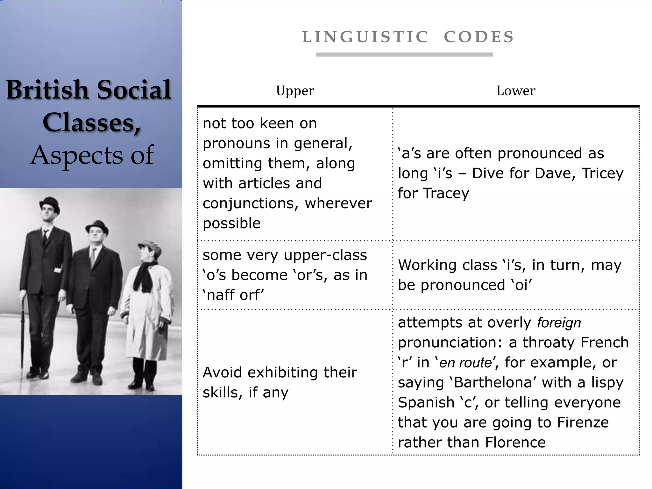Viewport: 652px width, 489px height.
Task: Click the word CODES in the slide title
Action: tap(479, 37)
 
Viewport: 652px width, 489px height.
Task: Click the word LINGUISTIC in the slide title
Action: tap(365, 37)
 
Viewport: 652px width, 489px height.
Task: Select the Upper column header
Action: tap(295, 91)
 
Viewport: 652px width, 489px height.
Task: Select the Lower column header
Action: tap(516, 91)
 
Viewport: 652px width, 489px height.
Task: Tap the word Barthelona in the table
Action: tap(493, 382)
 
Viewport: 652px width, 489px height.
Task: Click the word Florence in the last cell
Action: tap(515, 443)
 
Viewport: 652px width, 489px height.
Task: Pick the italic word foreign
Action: tap(559, 323)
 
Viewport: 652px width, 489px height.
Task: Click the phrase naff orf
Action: tap(233, 295)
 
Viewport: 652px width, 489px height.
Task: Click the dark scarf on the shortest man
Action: tap(144, 275)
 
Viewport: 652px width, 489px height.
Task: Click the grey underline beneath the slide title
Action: tap(404, 55)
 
